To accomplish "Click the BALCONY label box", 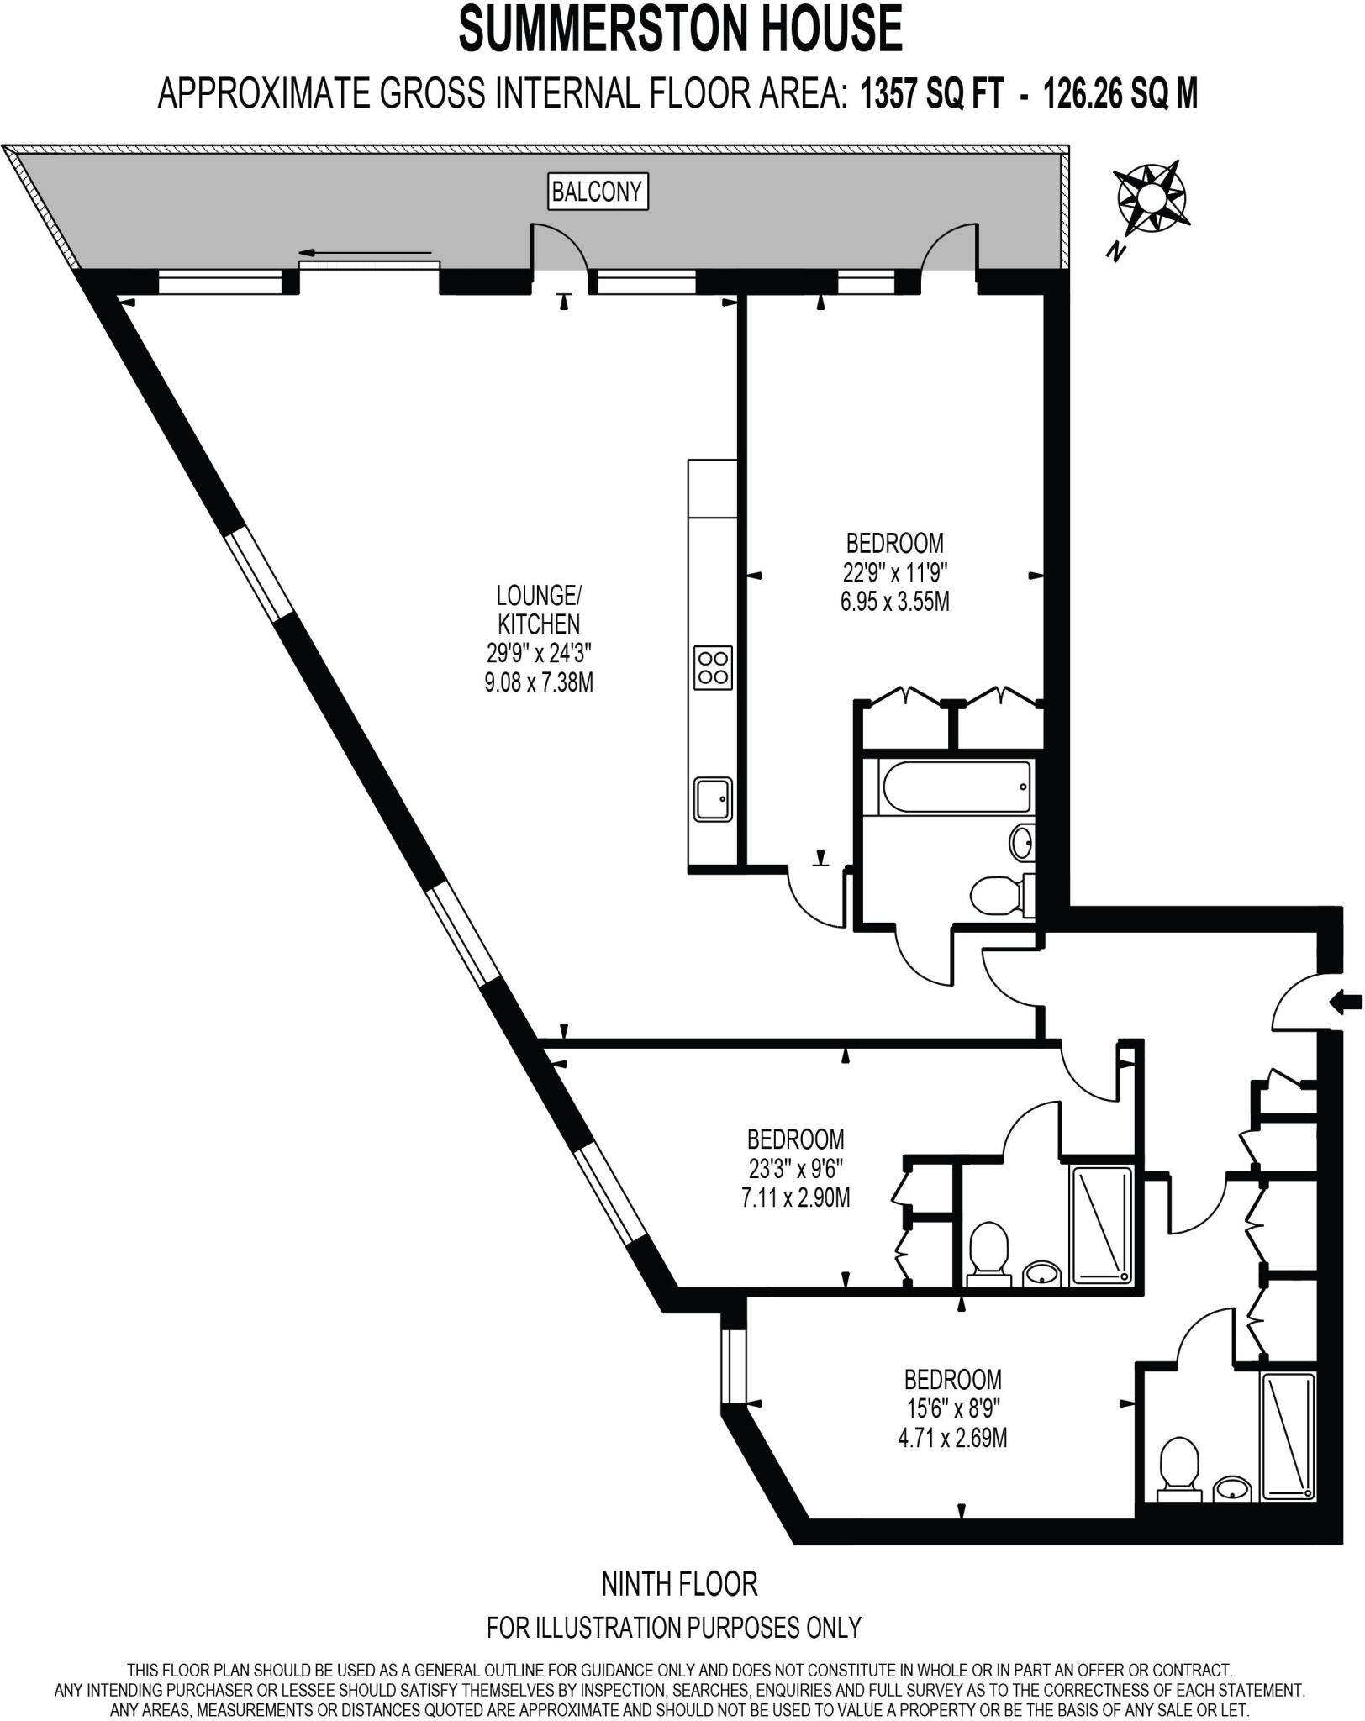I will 597,192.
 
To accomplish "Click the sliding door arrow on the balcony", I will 365,252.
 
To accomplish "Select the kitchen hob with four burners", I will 713,668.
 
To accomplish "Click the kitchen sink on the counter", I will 713,799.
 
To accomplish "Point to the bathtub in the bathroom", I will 955,787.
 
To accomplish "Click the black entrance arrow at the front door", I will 1347,1000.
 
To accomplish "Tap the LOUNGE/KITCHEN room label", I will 539,609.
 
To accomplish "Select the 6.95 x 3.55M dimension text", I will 895,602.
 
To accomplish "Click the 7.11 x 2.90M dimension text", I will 796,1197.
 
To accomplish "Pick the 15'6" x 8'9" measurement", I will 952,1408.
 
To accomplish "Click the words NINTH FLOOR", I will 680,1584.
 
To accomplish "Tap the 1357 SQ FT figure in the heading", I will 931,94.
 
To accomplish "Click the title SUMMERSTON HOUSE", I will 681,29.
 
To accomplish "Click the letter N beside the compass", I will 1116,250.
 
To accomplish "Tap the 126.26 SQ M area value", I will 1120,94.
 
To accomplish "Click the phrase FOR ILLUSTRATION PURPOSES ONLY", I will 674,1628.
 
